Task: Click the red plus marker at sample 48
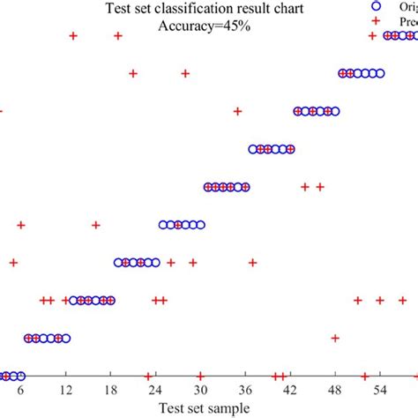pyautogui.click(x=335, y=338)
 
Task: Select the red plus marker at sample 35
pyautogui.click(x=237, y=111)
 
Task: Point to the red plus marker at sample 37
pyautogui.click(x=253, y=263)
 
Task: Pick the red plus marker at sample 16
pyautogui.click(x=95, y=225)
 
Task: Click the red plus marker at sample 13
pyautogui.click(x=73, y=36)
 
